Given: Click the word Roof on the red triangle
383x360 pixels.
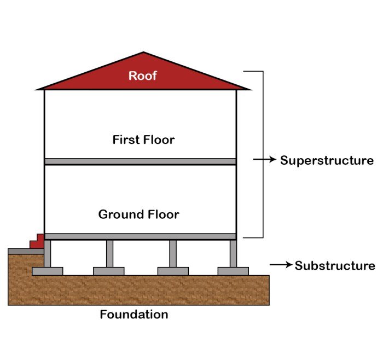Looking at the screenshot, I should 143,76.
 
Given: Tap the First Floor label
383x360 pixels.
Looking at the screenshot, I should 143,140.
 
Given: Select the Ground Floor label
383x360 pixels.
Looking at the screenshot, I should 138,214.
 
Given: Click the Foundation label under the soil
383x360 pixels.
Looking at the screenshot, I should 134,315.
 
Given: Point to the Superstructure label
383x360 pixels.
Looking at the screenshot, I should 327,160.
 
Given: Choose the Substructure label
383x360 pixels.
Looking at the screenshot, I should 335,266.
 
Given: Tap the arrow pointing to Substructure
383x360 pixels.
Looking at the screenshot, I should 281,265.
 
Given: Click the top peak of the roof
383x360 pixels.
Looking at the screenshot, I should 143,53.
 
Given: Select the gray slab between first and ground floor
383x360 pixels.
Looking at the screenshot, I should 140,161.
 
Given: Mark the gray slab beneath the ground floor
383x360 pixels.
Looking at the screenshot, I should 140,236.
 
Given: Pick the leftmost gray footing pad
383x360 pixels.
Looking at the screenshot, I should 48,271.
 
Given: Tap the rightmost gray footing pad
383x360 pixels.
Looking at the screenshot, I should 233,271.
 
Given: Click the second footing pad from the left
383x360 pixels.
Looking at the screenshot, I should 109,271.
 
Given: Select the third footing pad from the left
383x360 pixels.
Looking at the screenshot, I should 173,271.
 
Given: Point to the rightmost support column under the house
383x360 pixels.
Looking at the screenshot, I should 234,253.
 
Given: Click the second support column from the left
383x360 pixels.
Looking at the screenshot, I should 109,253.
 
